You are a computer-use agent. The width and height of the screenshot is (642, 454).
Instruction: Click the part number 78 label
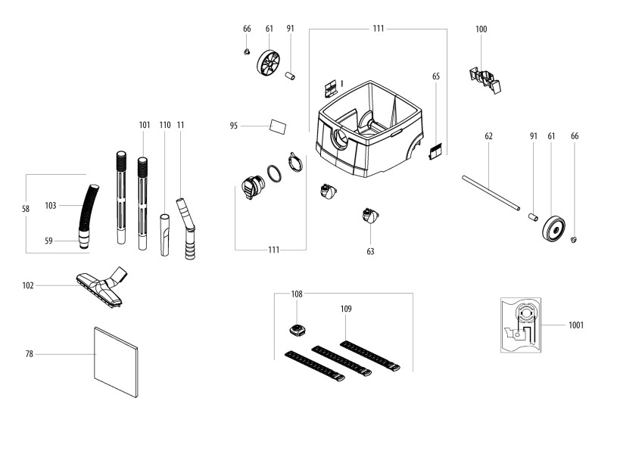[29, 354]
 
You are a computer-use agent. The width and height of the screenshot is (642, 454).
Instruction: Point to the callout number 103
[51, 205]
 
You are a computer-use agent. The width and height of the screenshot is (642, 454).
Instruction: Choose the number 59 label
[48, 241]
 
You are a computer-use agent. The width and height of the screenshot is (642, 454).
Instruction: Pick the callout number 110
[165, 124]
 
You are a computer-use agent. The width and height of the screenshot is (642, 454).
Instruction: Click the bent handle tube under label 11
[186, 226]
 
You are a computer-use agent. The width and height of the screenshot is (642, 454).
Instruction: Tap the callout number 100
[481, 30]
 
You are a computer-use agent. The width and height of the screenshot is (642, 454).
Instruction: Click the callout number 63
[370, 251]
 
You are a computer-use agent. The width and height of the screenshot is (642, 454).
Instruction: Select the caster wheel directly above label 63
[370, 217]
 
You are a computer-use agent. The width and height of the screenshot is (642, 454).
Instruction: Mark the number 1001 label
[576, 325]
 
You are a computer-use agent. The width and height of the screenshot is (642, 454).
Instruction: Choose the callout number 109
[346, 309]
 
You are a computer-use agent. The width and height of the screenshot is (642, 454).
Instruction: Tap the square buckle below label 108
[297, 329]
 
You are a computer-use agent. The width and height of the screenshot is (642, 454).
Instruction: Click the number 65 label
[436, 76]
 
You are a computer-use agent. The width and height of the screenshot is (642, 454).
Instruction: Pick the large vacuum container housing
[369, 129]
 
